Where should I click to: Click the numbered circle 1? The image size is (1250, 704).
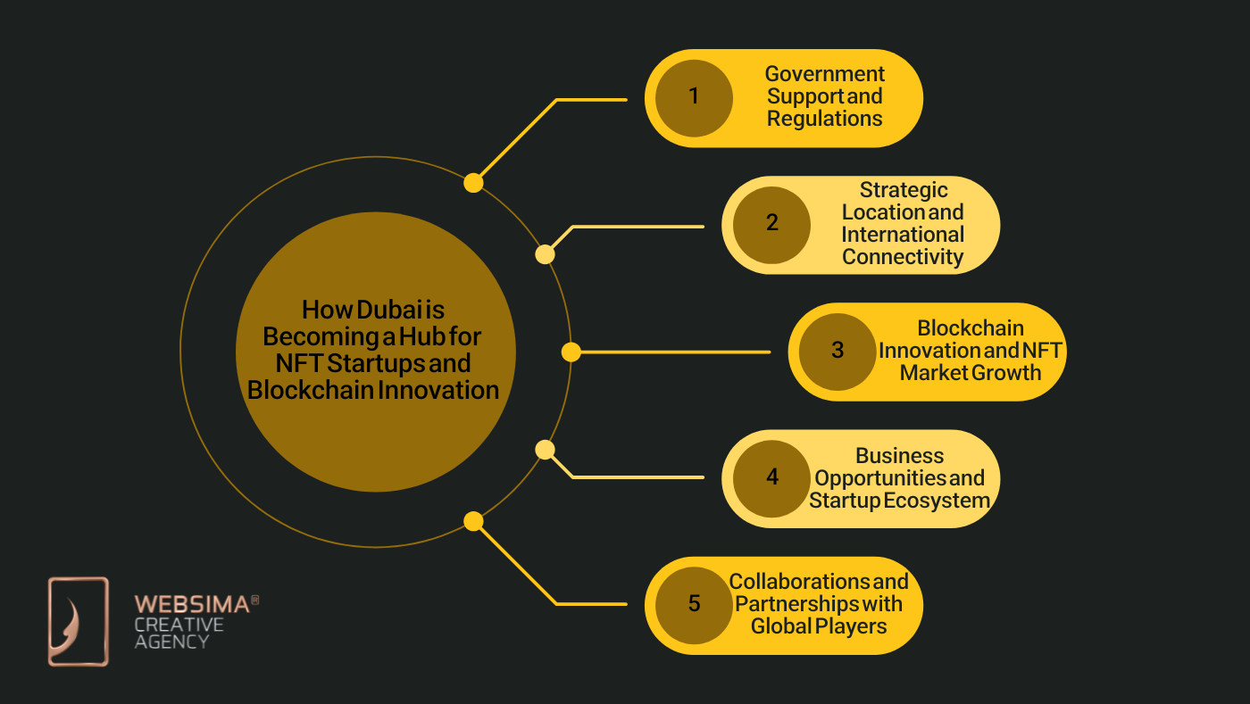(x=694, y=97)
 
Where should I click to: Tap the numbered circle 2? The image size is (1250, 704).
(x=771, y=224)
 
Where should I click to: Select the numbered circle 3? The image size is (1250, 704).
(x=837, y=351)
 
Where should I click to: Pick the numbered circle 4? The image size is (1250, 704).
(x=771, y=478)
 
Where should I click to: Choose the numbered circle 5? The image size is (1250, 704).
(x=694, y=604)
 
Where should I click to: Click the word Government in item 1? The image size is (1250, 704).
(x=824, y=74)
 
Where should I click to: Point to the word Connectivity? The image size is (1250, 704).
(x=903, y=257)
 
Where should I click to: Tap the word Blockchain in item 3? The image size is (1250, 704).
(x=971, y=328)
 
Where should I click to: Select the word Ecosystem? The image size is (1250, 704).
(x=937, y=501)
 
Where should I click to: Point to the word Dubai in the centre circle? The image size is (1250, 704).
(x=389, y=310)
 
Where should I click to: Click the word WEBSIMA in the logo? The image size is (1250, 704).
(x=191, y=604)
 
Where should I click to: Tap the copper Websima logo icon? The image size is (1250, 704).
(x=79, y=621)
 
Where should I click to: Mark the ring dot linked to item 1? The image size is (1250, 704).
(x=473, y=183)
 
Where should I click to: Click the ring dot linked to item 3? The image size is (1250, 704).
(x=571, y=352)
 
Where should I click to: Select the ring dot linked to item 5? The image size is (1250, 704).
(x=473, y=521)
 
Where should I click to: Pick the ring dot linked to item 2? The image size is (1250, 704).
(x=545, y=254)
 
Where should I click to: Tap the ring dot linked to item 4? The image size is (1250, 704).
(x=545, y=450)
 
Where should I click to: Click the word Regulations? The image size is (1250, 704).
(x=824, y=119)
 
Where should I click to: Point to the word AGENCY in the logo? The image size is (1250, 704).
(x=171, y=641)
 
